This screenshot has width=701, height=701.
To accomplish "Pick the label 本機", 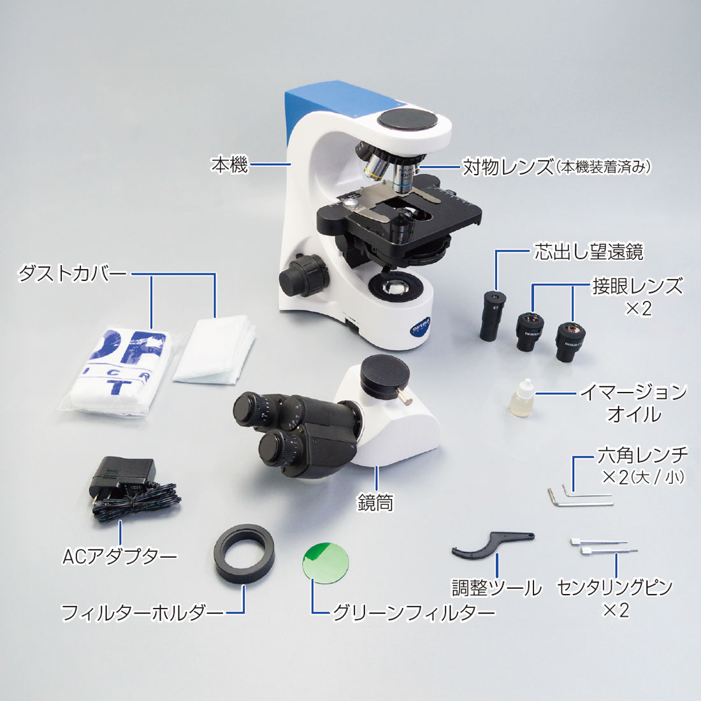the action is coord(229,164).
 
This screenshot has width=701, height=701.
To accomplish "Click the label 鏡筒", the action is coord(375,503).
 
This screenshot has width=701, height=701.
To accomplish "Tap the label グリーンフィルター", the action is coord(414,611).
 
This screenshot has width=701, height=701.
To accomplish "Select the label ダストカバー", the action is coord(71,273).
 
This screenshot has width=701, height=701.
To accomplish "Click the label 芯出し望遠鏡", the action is coord(589,252).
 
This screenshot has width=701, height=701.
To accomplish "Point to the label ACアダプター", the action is coord(119,556).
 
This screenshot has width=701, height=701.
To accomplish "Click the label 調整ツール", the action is coord(496,588).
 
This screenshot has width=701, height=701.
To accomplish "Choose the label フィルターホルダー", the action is coord(141,612).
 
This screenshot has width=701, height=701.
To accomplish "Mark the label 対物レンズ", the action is coord(507,166).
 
